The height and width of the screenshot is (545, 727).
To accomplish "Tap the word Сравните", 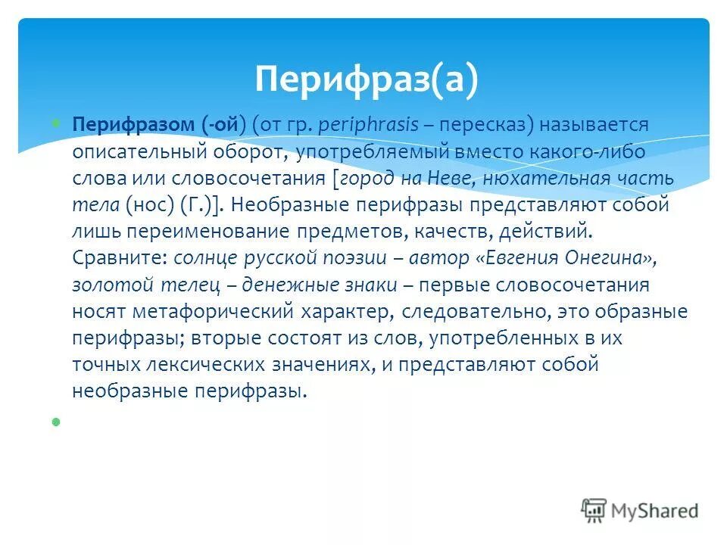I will pos(119,257).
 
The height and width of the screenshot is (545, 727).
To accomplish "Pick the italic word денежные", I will pos(281,285).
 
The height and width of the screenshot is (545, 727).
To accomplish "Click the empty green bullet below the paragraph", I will pos(55,420).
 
